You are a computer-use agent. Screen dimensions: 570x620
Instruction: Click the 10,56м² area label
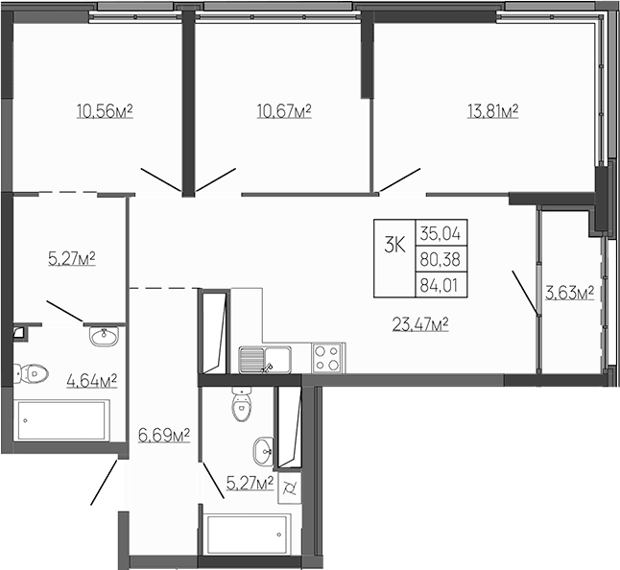104,112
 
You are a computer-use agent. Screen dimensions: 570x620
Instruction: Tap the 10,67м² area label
284,112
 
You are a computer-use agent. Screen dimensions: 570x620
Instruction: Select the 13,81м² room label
492,112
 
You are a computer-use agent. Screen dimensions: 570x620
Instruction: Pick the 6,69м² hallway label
162,437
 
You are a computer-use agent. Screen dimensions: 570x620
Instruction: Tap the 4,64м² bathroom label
91,380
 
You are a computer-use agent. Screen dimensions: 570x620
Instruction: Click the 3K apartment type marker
393,245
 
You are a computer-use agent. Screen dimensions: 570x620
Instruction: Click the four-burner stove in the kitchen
327,358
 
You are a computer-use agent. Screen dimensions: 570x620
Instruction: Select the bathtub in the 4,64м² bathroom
62,420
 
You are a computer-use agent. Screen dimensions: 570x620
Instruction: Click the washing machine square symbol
289,490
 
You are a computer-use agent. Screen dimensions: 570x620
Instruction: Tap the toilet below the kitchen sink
241,408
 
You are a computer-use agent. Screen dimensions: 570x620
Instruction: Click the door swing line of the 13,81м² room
397,179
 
